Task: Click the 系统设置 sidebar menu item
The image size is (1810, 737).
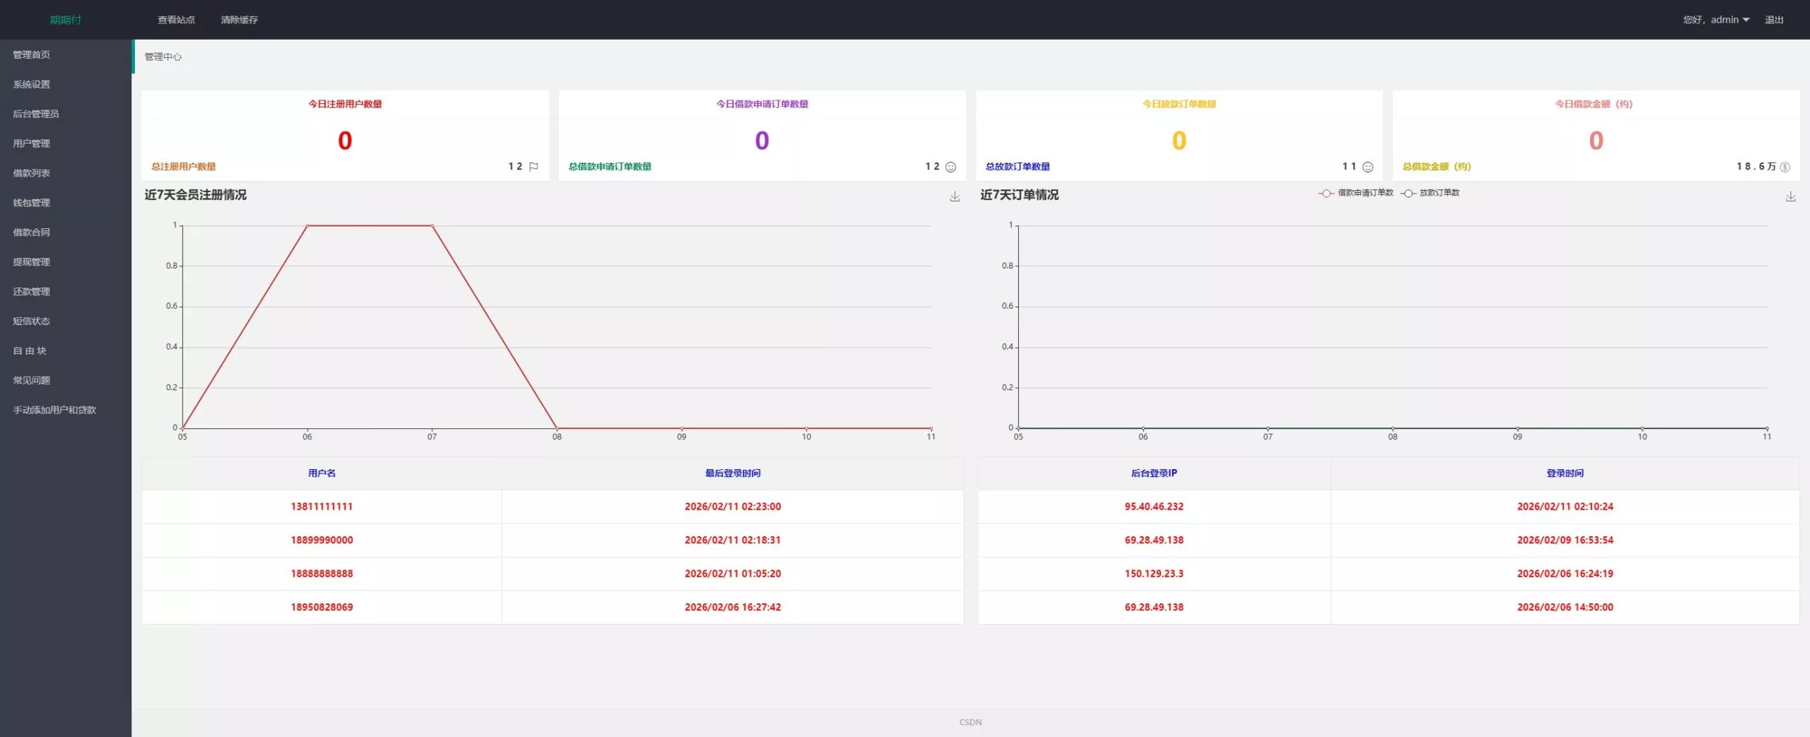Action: [32, 85]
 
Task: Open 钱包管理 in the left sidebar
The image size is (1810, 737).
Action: [32, 203]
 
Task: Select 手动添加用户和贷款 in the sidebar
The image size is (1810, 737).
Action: [54, 410]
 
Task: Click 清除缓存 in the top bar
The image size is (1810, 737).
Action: [239, 20]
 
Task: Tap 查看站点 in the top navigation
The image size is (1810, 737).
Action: [176, 20]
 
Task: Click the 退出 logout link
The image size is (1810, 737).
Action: [1774, 20]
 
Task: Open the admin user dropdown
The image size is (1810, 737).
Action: [1716, 20]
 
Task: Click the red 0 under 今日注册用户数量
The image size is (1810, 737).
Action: [345, 141]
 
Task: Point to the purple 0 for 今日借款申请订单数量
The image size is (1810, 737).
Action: [761, 141]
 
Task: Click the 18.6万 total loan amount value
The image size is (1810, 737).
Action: [1756, 167]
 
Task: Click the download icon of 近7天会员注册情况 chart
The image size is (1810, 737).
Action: [954, 196]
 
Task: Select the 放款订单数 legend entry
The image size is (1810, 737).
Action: [1430, 193]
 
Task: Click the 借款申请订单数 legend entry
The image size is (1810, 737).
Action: [1356, 193]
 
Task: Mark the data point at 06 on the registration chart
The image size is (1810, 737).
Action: [308, 225]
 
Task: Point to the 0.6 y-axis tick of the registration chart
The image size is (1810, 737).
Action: [172, 306]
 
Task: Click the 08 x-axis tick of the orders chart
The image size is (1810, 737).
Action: [1392, 437]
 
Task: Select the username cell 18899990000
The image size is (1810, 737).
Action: [322, 540]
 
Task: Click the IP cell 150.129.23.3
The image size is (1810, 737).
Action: [1154, 574]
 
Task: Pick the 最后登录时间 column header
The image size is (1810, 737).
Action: [732, 473]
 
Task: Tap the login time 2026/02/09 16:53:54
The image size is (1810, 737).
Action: [1565, 540]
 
